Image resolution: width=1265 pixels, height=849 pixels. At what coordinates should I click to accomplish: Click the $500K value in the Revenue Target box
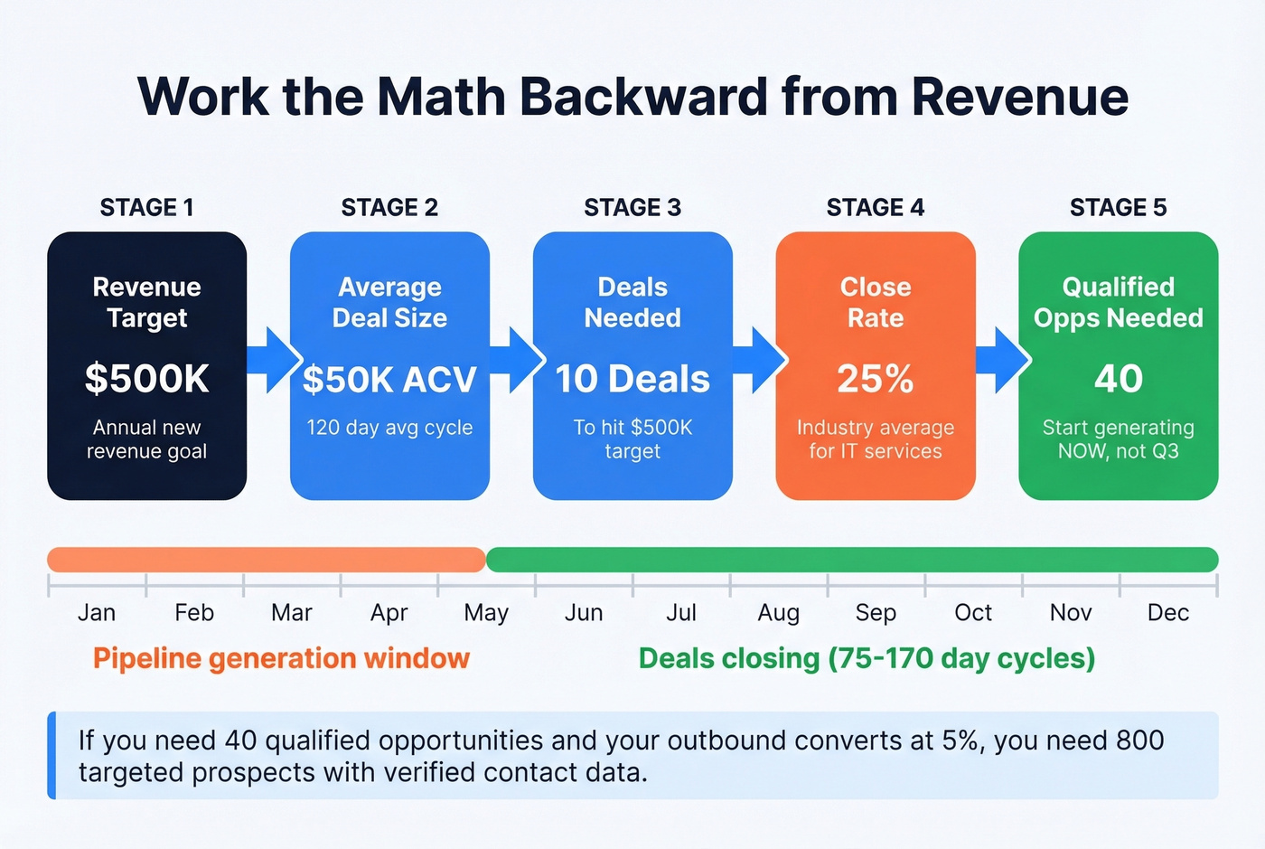[146, 379]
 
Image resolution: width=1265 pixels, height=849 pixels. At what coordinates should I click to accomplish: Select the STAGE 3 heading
[632, 208]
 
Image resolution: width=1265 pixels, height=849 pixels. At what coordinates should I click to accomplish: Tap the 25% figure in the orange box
[875, 379]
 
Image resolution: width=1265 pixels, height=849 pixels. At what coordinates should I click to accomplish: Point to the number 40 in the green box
[1118, 379]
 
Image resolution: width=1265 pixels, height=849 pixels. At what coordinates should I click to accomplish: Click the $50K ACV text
[389, 380]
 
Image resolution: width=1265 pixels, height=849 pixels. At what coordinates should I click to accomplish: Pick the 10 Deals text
[632, 379]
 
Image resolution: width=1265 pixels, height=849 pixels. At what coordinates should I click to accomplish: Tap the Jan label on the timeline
[97, 613]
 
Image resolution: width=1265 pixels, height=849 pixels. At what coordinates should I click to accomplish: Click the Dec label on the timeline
[1167, 613]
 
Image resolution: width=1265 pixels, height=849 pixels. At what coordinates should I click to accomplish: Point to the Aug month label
[778, 613]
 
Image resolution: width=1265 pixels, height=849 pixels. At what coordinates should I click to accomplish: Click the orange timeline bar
[267, 560]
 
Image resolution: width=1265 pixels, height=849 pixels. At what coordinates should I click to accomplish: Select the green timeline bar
[851, 560]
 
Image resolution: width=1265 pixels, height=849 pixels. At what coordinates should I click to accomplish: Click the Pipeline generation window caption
[281, 658]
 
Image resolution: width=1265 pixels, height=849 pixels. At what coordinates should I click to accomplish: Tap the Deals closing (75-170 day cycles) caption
[867, 658]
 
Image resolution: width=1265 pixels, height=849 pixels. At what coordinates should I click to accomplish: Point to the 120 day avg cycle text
[389, 428]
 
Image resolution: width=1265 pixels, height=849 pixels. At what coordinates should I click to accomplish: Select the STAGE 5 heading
[1118, 208]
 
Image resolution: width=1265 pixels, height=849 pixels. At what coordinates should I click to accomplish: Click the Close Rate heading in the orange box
[875, 302]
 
